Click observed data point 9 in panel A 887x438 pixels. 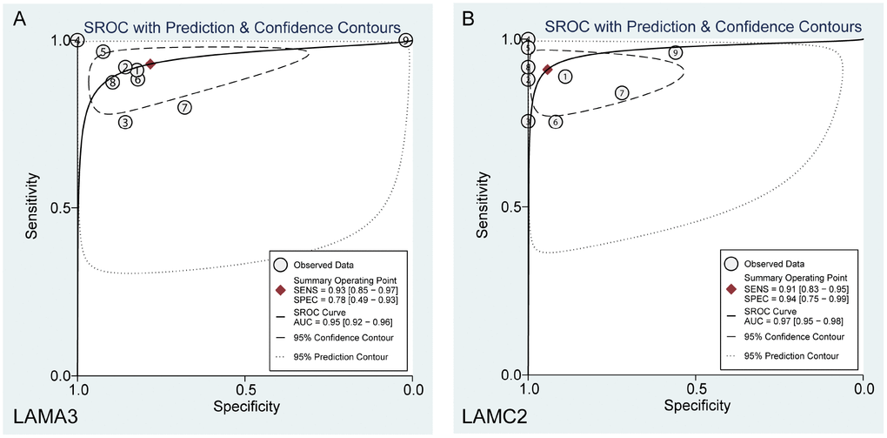[x=406, y=40]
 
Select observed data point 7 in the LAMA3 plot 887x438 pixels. [x=184, y=107]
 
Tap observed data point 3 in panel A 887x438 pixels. [x=126, y=122]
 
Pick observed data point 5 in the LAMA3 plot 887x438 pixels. [x=103, y=52]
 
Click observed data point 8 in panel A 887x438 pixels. [x=112, y=83]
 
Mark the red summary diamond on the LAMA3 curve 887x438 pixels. [x=150, y=64]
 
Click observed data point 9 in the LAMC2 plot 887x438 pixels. [x=676, y=53]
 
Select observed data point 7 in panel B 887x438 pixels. [x=622, y=92]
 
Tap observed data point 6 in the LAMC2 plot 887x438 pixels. [x=556, y=122]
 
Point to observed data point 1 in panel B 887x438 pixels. [x=565, y=77]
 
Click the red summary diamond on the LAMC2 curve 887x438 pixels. [x=547, y=69]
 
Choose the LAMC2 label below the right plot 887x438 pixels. [x=496, y=420]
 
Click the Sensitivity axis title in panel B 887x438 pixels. [x=482, y=206]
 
